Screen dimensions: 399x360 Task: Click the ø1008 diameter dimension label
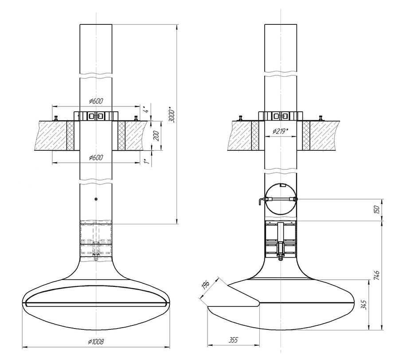point(96,341)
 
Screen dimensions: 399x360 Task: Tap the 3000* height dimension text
point(172,116)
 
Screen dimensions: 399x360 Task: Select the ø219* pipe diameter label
point(281,131)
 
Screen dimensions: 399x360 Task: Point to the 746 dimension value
point(377,275)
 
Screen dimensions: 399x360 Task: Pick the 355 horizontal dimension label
point(233,340)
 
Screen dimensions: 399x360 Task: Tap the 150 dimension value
point(377,210)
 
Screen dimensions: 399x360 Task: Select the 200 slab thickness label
point(157,136)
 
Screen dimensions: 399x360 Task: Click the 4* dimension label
point(146,110)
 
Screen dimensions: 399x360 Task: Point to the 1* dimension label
point(146,161)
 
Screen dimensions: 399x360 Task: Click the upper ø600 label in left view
point(96,101)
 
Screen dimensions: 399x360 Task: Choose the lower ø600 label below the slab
point(96,157)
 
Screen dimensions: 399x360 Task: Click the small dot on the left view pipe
point(96,199)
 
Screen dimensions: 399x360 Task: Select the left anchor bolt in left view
point(56,118)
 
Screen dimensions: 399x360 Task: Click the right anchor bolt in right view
point(321,118)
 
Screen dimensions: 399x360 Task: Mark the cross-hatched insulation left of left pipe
point(70,136)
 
